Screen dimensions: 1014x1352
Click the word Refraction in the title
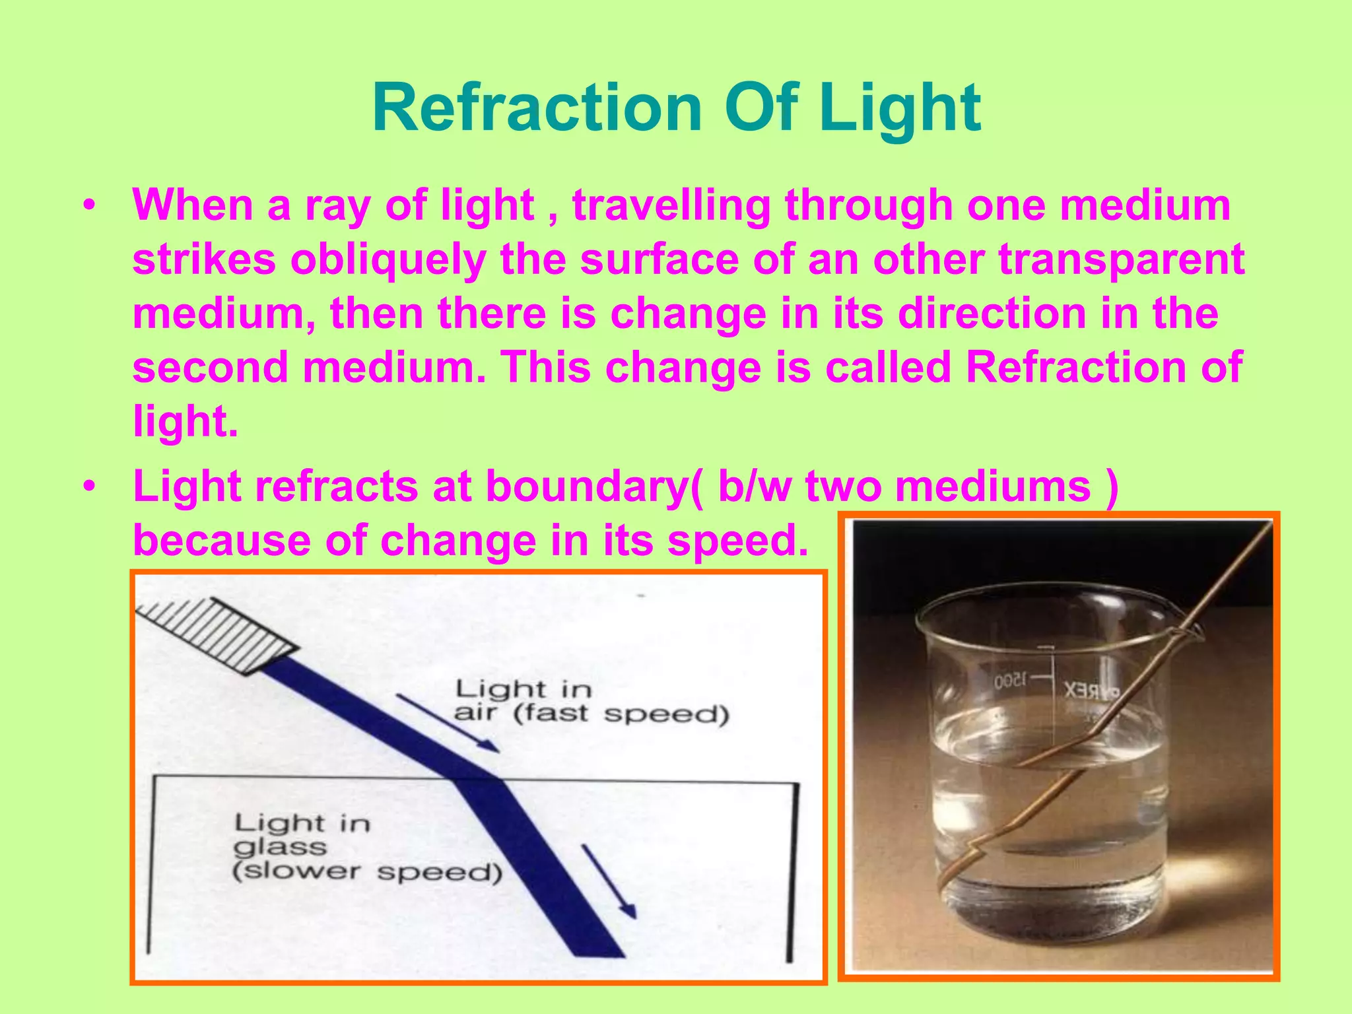click(537, 108)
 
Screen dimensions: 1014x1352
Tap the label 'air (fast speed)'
click(591, 714)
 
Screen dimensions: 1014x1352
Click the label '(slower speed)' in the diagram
click(367, 871)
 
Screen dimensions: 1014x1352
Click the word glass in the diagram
click(280, 847)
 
